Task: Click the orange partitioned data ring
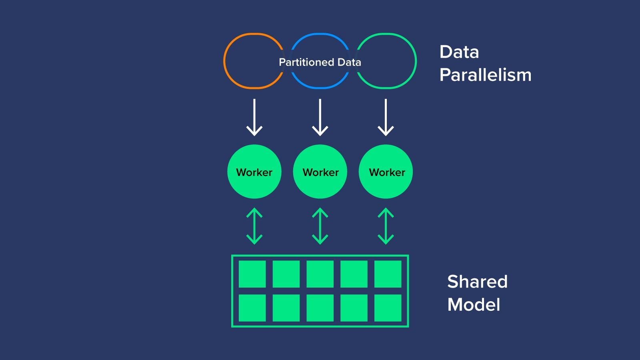click(225, 61)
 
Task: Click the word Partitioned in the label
click(306, 62)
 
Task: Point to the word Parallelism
click(485, 75)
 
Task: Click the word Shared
click(477, 282)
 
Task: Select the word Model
click(474, 305)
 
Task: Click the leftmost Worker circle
click(254, 172)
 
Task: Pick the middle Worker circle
click(320, 172)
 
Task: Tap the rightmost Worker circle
click(386, 172)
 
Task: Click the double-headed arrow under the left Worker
click(254, 226)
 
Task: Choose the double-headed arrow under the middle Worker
click(320, 226)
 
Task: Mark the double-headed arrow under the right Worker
click(386, 226)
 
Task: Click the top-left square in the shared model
click(252, 274)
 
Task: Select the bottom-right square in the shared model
click(388, 308)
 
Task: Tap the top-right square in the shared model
click(388, 274)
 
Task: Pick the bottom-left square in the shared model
click(252, 308)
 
